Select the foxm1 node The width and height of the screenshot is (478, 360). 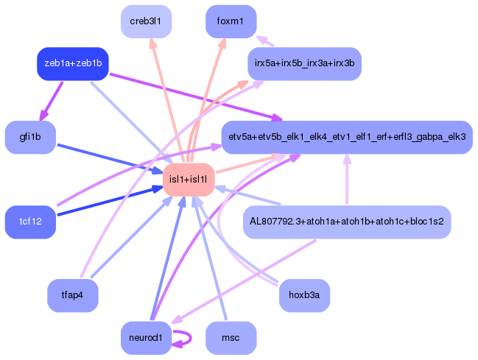click(x=231, y=21)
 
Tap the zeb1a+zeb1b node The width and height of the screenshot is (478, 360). click(x=73, y=63)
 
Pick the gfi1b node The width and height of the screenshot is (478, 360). click(x=31, y=137)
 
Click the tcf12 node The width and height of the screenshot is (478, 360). click(x=31, y=222)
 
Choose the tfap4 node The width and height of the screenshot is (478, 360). click(x=73, y=296)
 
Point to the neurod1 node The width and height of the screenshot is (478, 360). click(x=146, y=338)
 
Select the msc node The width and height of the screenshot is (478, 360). click(x=231, y=338)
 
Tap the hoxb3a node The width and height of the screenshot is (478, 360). click(x=304, y=296)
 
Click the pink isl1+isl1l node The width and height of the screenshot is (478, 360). click(x=188, y=180)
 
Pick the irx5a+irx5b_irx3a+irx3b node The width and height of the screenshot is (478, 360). click(x=304, y=63)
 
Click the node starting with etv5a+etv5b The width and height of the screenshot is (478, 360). click(x=346, y=137)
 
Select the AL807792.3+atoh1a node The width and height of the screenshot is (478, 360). click(x=346, y=222)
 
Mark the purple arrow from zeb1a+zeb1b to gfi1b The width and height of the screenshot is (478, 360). click(x=52, y=100)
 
